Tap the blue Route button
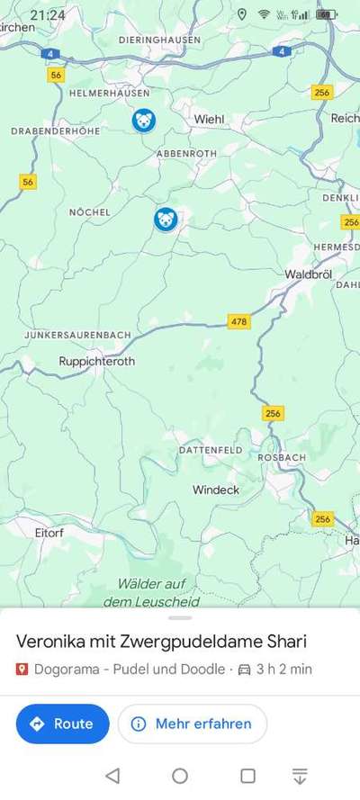(x=62, y=724)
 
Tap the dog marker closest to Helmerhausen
(x=143, y=120)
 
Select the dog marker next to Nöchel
(x=165, y=219)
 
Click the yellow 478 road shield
(x=238, y=321)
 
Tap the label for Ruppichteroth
(x=96, y=361)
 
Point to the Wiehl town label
(x=210, y=119)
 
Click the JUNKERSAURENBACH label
(x=77, y=335)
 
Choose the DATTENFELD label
(x=210, y=449)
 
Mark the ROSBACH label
(x=282, y=457)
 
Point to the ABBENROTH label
(x=186, y=154)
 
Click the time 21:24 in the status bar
(x=47, y=15)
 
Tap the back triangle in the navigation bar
(x=112, y=776)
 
